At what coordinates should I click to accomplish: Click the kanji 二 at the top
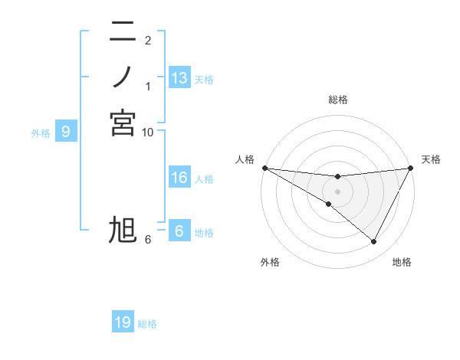[x=123, y=32]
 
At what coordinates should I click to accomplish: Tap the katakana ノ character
[x=123, y=77]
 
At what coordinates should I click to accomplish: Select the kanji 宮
[x=123, y=123]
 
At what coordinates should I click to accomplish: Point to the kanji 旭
[x=123, y=231]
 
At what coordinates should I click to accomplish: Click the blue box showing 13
[x=179, y=78]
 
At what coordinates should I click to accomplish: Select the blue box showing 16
[x=179, y=178]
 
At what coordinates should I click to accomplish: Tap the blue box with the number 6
[x=179, y=231]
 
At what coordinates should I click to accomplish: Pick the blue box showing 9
[x=67, y=132]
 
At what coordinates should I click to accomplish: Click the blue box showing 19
[x=123, y=322]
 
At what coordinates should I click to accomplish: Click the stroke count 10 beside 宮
[x=148, y=133]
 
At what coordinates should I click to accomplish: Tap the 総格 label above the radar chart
[x=337, y=100]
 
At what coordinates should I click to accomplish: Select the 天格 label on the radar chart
[x=431, y=159]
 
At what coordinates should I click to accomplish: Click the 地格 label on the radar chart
[x=402, y=262]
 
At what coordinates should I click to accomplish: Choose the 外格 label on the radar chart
[x=270, y=262]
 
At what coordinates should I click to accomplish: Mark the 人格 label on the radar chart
[x=245, y=159]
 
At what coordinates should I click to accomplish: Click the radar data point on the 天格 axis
[x=410, y=168]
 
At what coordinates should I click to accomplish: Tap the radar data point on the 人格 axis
[x=264, y=168]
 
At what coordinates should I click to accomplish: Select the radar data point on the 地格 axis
[x=374, y=242]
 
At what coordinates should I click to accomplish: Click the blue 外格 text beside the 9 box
[x=41, y=133]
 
